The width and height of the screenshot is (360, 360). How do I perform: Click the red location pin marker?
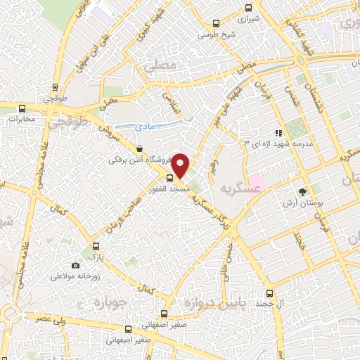[181, 165]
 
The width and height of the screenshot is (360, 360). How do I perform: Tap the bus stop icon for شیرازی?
[247, 8]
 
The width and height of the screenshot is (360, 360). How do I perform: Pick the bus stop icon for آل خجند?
[269, 293]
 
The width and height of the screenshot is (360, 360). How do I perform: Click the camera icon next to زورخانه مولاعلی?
[75, 265]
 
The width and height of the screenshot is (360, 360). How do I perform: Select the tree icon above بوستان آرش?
[303, 191]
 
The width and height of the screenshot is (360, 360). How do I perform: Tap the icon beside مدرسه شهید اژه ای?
[279, 132]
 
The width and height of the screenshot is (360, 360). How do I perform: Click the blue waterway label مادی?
[148, 127]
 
